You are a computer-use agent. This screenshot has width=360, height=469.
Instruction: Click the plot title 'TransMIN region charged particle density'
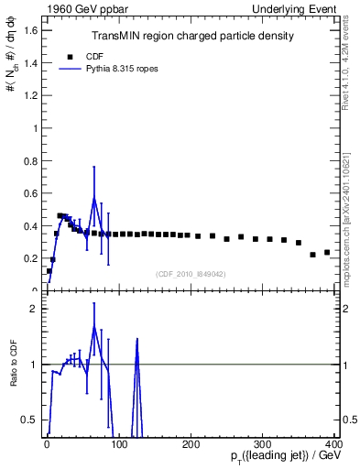coord(192,37)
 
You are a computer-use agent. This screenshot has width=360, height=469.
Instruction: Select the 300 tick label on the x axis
coord(264,444)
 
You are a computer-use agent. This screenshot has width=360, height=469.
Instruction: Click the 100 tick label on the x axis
coord(119,444)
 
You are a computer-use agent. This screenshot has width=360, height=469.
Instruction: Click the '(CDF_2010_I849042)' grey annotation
coord(192,274)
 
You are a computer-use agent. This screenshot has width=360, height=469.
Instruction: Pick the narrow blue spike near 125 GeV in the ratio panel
coord(136,341)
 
